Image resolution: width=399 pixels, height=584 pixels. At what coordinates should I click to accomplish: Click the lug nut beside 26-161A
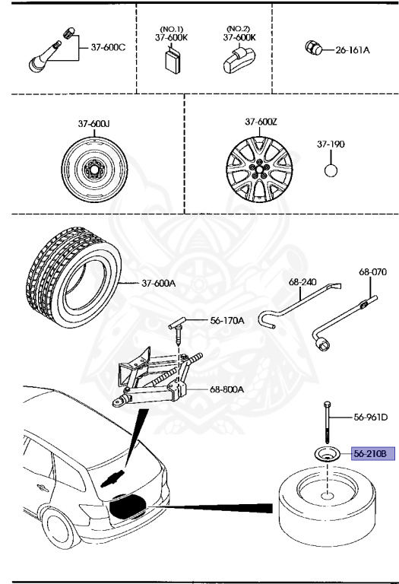(x=312, y=49)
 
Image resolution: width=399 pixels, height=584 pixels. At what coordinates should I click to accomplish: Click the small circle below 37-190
(x=331, y=170)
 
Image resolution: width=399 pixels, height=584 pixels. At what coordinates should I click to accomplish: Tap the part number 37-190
(x=331, y=143)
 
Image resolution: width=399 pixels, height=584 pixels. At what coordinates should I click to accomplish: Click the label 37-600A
(x=158, y=283)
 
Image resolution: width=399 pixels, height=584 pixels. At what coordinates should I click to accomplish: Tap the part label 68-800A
(x=226, y=389)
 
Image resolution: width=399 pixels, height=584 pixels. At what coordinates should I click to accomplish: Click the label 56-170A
(x=227, y=321)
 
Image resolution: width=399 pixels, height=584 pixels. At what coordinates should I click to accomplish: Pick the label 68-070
(x=372, y=271)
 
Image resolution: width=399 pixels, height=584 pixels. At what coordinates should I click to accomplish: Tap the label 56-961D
(x=370, y=417)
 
